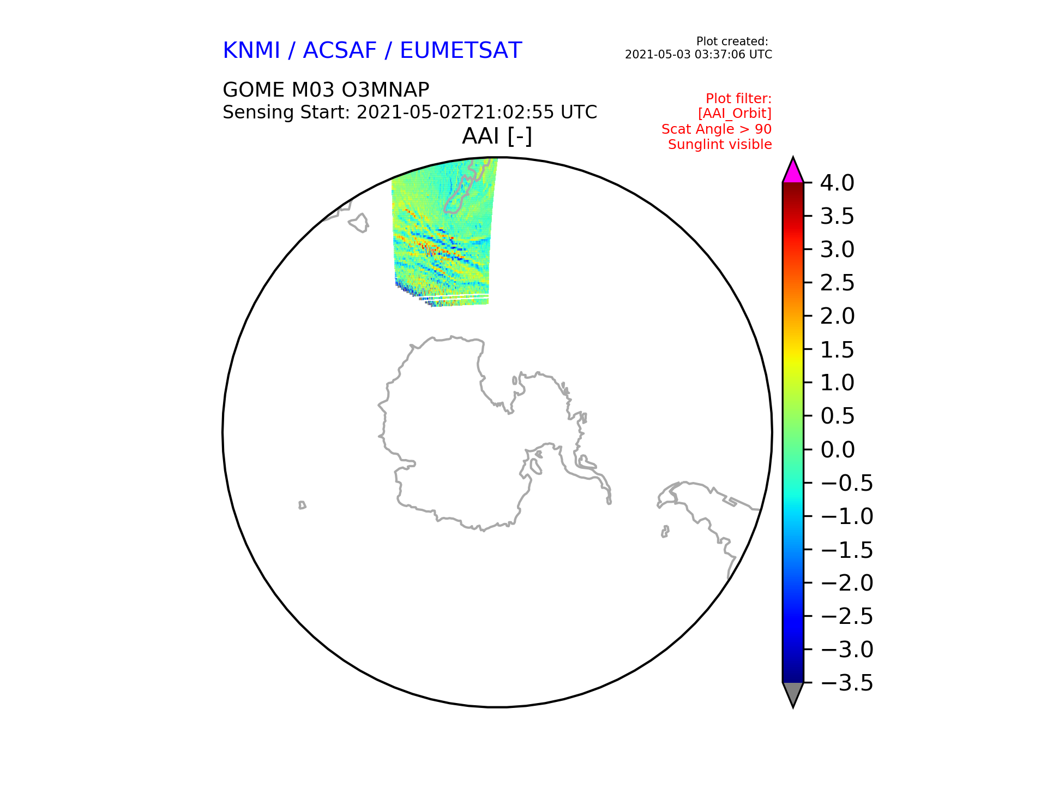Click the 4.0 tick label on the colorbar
click(x=837, y=183)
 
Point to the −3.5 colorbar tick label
click(x=847, y=683)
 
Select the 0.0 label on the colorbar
click(x=837, y=450)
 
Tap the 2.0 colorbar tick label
click(x=837, y=316)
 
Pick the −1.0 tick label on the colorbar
click(x=847, y=516)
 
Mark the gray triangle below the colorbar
click(x=793, y=694)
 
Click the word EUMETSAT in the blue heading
click(x=461, y=51)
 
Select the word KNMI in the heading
click(x=251, y=51)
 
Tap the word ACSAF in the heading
click(x=340, y=51)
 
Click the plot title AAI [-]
click(x=497, y=136)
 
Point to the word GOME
click(x=254, y=90)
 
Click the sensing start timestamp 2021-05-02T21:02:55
click(x=454, y=112)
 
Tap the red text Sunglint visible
click(x=720, y=145)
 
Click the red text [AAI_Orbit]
click(x=735, y=114)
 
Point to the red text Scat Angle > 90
click(x=717, y=129)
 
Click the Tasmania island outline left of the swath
click(x=359, y=222)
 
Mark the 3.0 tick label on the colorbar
click(x=837, y=249)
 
